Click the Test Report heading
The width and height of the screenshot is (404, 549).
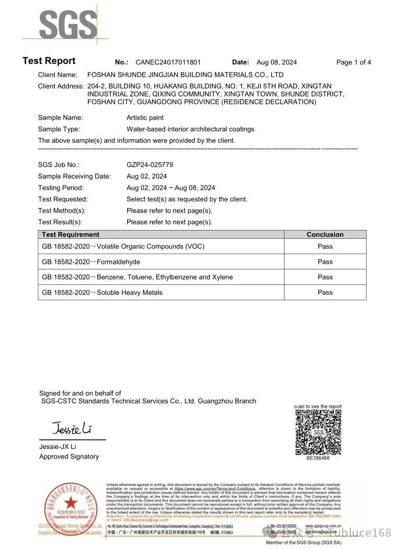coord(49,61)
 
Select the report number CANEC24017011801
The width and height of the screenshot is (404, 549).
coord(168,62)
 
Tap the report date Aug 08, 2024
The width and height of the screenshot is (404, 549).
coord(276,62)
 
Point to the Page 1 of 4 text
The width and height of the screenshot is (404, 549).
coord(353,62)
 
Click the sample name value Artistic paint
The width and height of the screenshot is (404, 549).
coord(145,118)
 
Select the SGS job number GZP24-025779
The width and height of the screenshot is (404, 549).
coord(150,165)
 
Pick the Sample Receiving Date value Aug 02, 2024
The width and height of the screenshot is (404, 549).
coord(147,176)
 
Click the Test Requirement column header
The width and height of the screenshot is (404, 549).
coord(70,235)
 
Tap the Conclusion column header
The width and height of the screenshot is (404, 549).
coord(325,235)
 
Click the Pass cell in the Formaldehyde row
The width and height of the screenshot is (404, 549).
coord(325,262)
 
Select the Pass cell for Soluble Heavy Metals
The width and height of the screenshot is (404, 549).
coord(325,292)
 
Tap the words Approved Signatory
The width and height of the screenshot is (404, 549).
coord(69,456)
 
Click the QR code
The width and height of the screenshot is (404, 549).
coord(319,432)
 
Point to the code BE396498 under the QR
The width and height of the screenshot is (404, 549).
coord(318,459)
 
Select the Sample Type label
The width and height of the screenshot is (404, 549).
coord(59,129)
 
